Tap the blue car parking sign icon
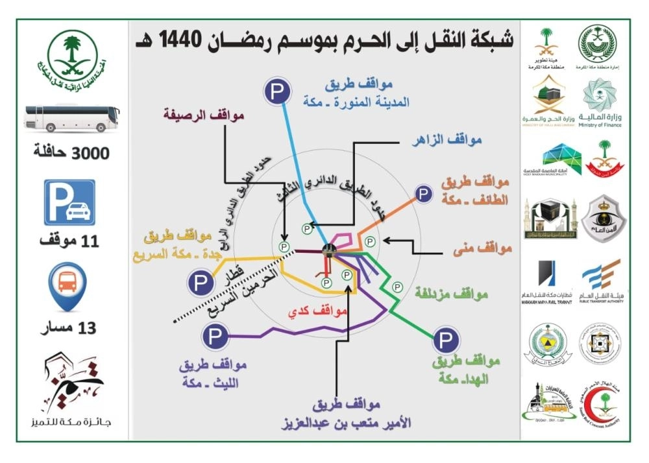[69, 203]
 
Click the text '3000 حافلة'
[71, 154]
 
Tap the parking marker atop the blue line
[277, 92]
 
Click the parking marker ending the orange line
[424, 193]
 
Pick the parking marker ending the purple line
[214, 337]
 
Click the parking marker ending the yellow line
[198, 283]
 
